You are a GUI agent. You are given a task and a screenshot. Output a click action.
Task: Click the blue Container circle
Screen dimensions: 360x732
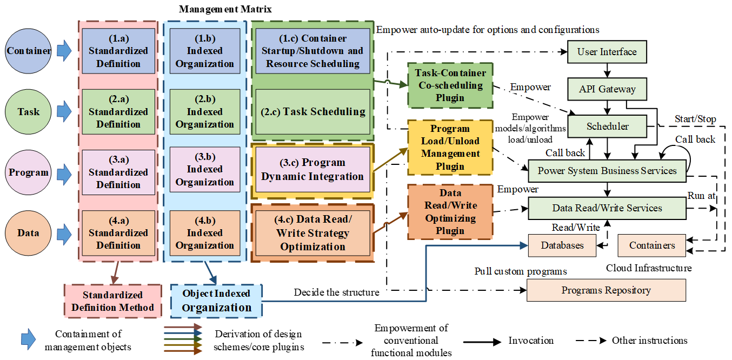(29, 51)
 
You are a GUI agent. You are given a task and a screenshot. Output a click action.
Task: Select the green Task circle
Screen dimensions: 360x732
(29, 111)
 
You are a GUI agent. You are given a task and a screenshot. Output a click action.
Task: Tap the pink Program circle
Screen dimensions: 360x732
(29, 173)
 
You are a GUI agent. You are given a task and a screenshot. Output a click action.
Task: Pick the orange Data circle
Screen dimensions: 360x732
(29, 233)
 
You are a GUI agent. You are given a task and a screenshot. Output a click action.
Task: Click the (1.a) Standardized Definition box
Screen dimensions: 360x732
(118, 51)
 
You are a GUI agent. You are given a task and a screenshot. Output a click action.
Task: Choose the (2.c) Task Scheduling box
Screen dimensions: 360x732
(312, 112)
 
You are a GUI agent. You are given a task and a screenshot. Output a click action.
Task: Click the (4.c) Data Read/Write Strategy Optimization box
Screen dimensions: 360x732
(312, 233)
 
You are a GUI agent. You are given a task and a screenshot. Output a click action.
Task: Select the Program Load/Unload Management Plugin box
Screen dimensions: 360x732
(450, 148)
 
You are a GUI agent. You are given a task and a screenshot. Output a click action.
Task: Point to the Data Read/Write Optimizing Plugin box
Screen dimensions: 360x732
(450, 212)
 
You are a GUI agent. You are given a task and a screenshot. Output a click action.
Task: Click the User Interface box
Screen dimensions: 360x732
(607, 52)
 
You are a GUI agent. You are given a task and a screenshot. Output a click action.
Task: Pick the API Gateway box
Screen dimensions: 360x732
(607, 89)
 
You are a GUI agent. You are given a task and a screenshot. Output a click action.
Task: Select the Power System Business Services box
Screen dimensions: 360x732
(607, 171)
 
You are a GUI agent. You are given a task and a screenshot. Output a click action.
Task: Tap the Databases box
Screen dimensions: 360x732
(562, 245)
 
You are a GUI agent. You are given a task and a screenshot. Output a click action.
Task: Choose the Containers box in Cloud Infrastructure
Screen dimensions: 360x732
(652, 245)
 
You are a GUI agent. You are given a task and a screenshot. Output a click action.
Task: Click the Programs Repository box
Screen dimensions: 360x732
(605, 290)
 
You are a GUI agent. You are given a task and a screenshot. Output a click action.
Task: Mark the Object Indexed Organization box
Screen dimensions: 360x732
(216, 301)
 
